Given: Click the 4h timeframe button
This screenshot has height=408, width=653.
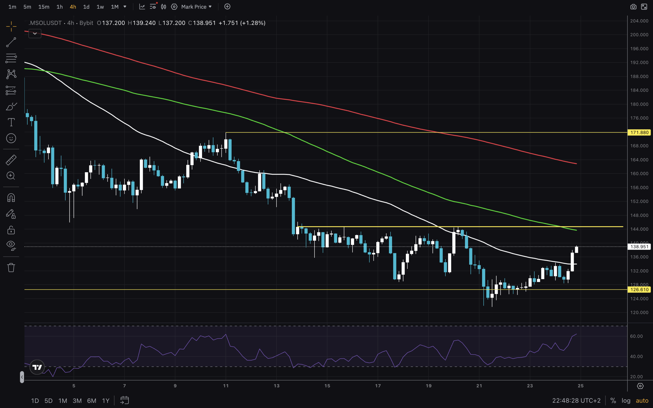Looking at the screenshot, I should point(73,7).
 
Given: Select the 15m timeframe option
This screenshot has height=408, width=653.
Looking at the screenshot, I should point(44,7).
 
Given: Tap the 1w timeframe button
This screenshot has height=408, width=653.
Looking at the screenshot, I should point(100,7).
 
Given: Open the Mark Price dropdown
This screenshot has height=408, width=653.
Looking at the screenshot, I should point(196,7).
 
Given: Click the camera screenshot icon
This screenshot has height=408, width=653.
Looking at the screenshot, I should point(633,7).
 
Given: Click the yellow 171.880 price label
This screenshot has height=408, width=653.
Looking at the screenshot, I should point(639,133).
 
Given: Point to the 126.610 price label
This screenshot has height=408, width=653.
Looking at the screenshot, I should point(639,289).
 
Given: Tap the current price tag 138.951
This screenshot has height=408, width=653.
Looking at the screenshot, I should point(639,247).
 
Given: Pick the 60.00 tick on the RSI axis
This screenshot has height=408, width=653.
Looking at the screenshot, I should point(636,336).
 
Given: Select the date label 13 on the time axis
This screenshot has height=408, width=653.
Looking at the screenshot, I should point(277,386).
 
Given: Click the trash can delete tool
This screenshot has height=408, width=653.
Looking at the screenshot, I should point(11,268).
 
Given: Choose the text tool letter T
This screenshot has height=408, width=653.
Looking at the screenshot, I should point(11,122).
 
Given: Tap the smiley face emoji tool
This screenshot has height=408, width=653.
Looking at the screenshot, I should point(11,138).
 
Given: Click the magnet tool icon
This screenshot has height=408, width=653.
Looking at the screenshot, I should point(11,198).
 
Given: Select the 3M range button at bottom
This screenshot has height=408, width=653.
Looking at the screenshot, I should point(77,401).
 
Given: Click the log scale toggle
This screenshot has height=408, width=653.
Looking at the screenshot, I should point(626,401).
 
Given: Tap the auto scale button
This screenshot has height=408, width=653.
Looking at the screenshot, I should point(642,401).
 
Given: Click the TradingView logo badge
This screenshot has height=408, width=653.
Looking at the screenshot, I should point(37,367).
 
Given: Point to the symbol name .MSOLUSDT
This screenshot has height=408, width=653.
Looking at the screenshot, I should point(45,23).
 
